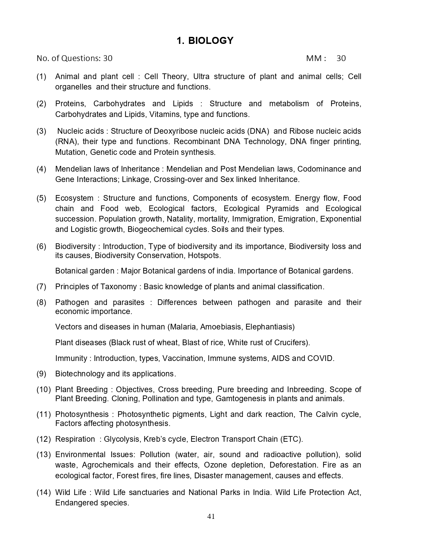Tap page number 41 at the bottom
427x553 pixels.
coord(211,516)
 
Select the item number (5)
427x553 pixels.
coord(42,198)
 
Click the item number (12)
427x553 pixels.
coord(44,439)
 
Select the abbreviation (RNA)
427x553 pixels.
coord(67,141)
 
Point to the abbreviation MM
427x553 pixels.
coord(314,58)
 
